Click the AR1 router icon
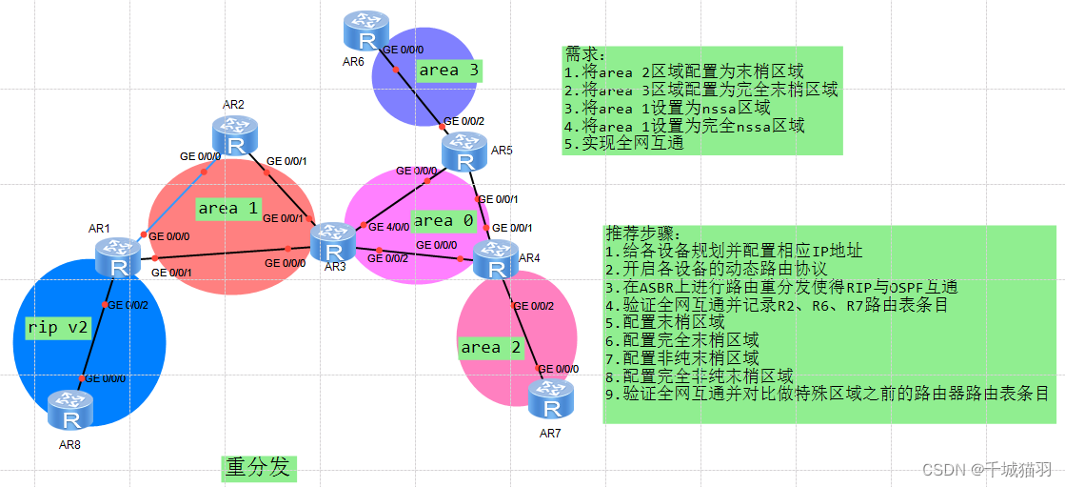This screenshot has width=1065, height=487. (x=118, y=260)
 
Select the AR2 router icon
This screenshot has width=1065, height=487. (x=235, y=136)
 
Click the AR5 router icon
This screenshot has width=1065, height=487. (x=464, y=151)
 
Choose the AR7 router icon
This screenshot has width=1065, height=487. (x=551, y=399)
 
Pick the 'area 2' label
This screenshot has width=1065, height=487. (x=490, y=347)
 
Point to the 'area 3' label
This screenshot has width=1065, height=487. (x=449, y=70)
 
